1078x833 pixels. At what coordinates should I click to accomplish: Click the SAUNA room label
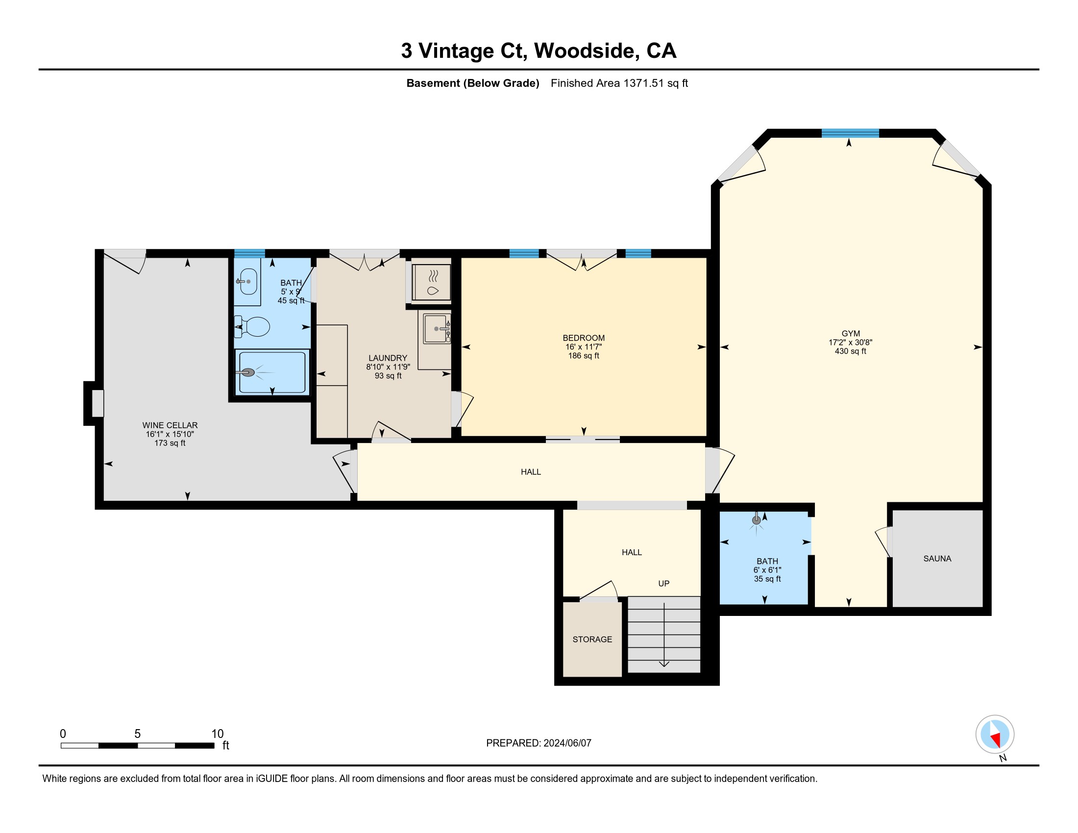tap(937, 559)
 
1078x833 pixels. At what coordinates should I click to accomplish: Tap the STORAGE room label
tap(592, 639)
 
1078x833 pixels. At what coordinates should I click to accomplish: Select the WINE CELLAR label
tap(170, 425)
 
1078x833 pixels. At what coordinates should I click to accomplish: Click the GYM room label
tap(851, 334)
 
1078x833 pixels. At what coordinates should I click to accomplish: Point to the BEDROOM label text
tap(584, 338)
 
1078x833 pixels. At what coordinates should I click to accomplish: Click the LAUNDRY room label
tap(388, 358)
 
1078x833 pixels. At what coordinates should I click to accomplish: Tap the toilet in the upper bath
tap(252, 327)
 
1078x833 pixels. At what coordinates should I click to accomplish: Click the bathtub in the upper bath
tap(271, 372)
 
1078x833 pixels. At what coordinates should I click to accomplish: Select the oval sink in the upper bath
tap(248, 282)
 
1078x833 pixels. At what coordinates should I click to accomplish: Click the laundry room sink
tap(437, 329)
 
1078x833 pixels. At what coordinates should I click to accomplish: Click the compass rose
tap(995, 735)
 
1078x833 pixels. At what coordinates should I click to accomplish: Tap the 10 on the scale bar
tap(217, 734)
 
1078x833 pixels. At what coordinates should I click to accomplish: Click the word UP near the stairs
tap(663, 584)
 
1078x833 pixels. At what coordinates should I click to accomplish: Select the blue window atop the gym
tap(850, 133)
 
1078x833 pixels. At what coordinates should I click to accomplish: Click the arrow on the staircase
tap(664, 635)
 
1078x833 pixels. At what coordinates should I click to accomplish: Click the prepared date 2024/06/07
tap(566, 743)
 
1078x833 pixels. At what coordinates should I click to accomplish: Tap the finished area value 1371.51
tap(643, 83)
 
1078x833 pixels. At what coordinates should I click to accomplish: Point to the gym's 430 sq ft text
tap(850, 351)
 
